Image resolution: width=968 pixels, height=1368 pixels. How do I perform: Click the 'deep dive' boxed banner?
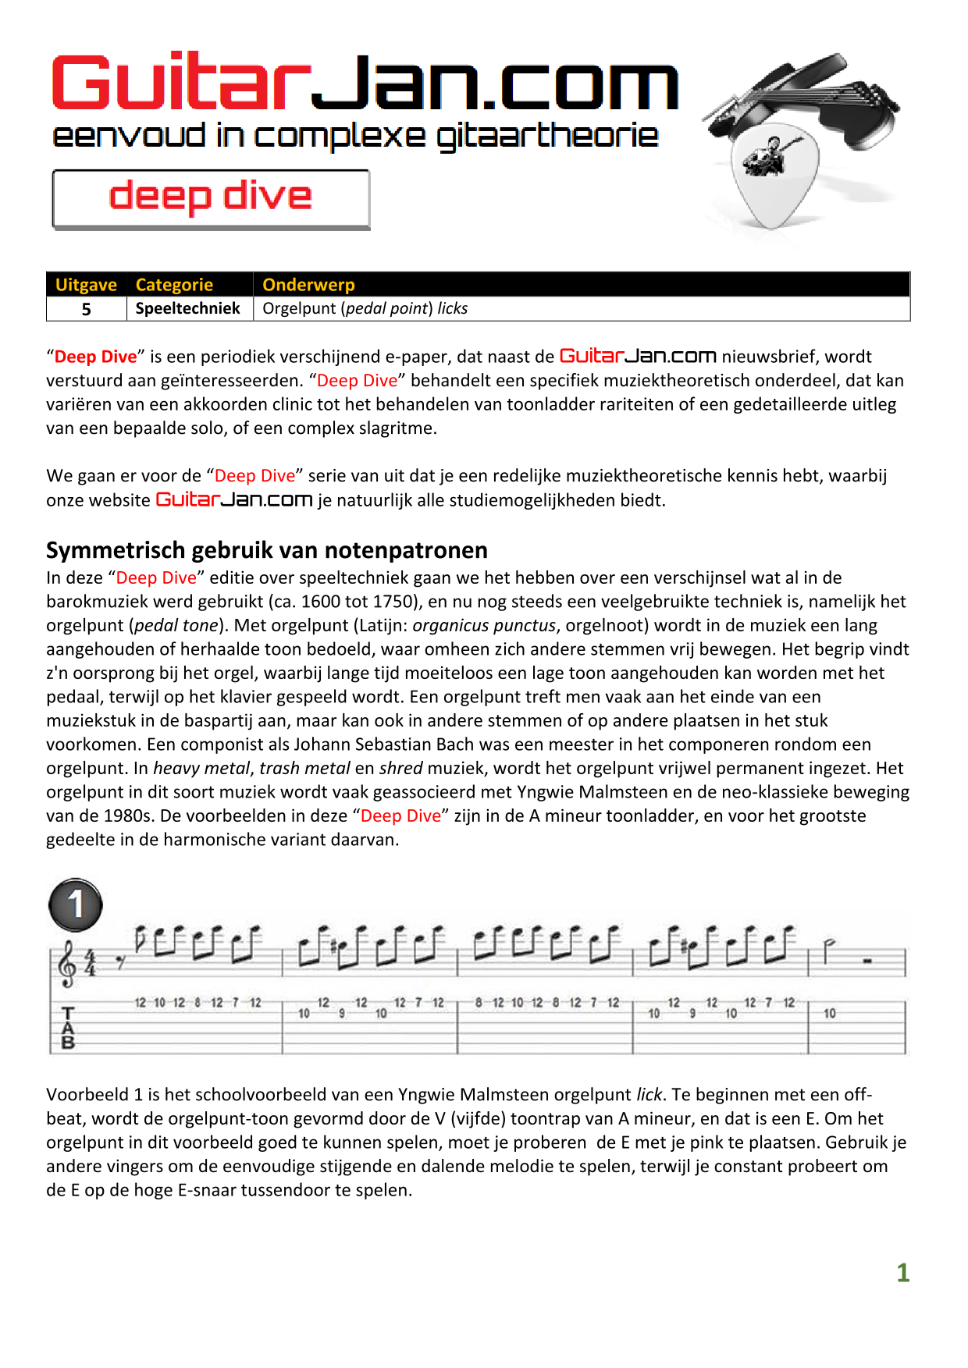point(211,199)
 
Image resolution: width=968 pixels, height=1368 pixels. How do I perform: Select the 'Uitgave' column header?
point(86,285)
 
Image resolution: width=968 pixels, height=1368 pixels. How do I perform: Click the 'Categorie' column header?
point(174,285)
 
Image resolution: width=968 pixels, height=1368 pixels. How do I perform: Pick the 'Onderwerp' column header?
point(308,285)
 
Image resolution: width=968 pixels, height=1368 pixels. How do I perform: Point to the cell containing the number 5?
point(87,309)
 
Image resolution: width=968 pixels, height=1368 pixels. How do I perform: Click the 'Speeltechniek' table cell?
point(187,308)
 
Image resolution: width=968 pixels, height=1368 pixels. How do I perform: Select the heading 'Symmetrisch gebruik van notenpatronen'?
point(267,550)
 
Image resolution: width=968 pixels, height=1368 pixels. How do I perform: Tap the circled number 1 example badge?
point(76,905)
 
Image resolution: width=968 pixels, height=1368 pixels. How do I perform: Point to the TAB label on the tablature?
point(68,1028)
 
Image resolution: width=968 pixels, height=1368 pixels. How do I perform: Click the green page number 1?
point(902,1273)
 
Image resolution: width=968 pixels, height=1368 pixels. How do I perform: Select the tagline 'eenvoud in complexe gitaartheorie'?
point(355,136)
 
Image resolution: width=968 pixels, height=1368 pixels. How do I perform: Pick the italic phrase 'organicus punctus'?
point(484,626)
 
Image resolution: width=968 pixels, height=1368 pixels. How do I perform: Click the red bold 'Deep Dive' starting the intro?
point(95,357)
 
